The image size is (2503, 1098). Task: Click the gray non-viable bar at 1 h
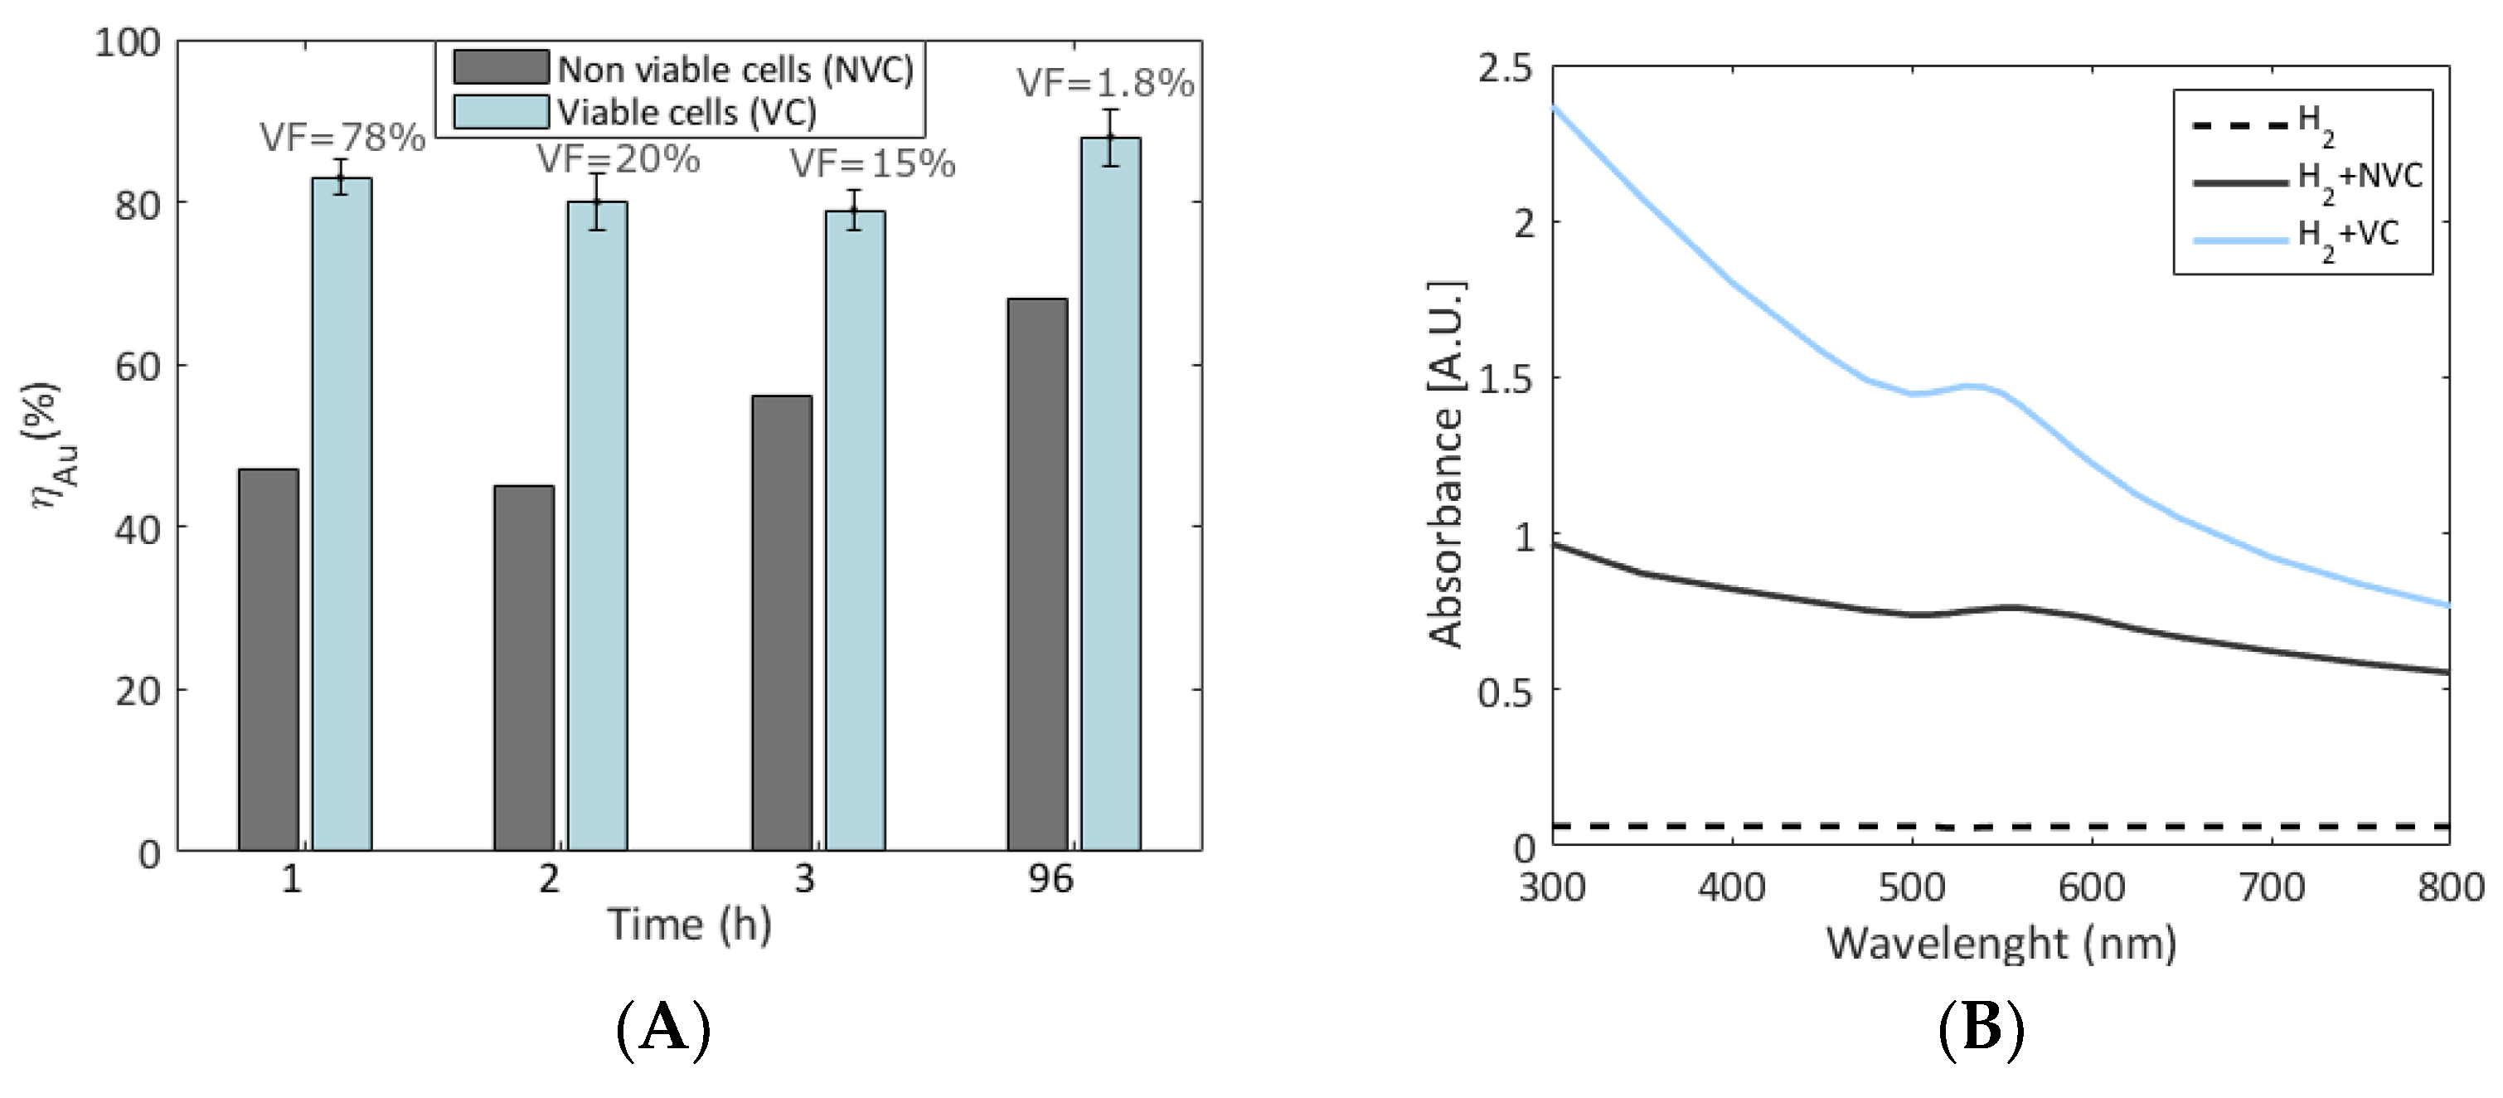pos(268,660)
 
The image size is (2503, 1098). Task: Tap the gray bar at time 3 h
pos(781,623)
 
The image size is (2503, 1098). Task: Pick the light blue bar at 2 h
pos(597,526)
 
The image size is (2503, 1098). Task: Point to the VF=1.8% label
pos(1105,84)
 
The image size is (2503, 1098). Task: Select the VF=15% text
pos(871,164)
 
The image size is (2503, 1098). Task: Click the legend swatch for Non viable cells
pos(501,68)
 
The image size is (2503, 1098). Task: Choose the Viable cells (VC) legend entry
pos(686,113)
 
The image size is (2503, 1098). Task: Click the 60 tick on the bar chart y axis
pos(137,366)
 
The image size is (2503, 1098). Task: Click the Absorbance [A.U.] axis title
pos(1447,464)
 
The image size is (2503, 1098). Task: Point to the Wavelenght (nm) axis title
pos(2001,944)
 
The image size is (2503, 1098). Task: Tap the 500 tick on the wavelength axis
pos(1911,887)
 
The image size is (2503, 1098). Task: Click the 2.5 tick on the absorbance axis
pos(1503,69)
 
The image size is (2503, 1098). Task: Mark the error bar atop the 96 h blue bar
pos(1111,138)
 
